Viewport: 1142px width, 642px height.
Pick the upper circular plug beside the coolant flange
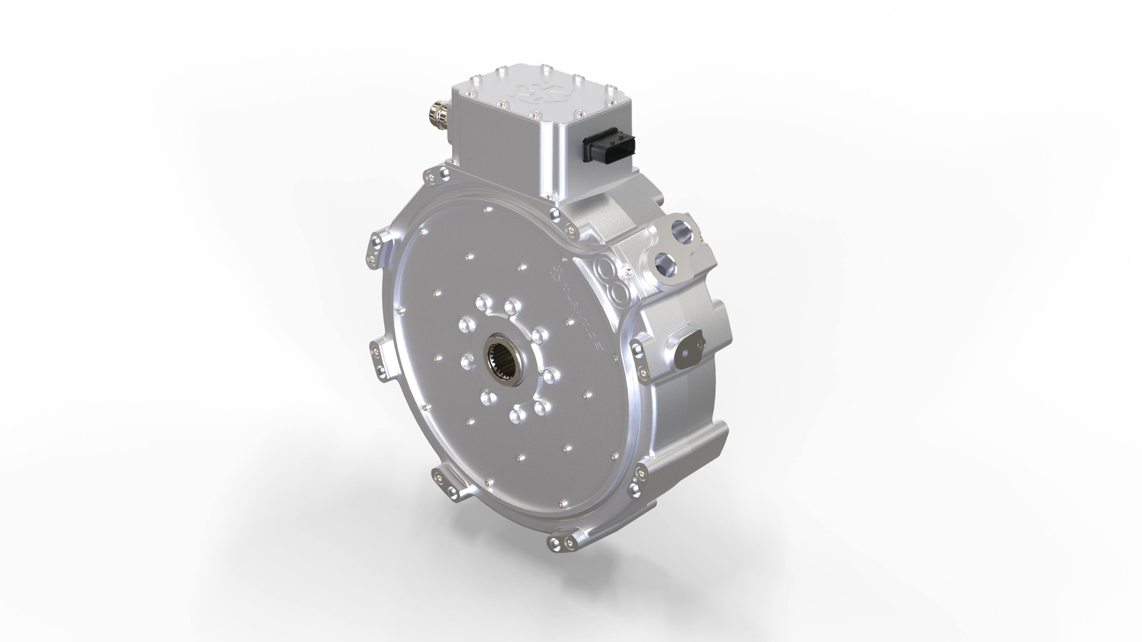click(x=605, y=268)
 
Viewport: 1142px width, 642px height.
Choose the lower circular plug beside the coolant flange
click(x=619, y=292)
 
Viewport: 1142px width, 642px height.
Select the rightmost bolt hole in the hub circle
click(x=549, y=376)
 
